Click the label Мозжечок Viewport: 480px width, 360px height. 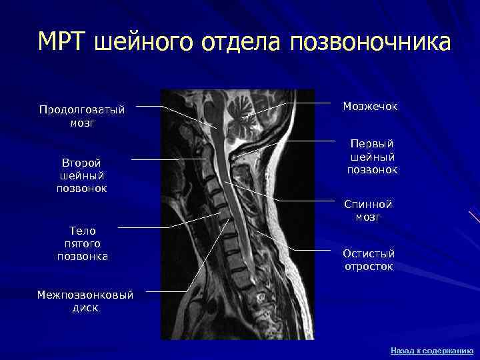(369, 105)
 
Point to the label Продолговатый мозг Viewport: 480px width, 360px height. (82, 116)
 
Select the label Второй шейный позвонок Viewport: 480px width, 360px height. (82, 175)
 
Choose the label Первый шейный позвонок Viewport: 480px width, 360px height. (371, 157)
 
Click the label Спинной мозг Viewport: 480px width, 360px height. (369, 211)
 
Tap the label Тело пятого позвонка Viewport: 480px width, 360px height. (83, 243)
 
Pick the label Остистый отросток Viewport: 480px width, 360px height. (369, 260)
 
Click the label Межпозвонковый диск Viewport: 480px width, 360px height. (85, 301)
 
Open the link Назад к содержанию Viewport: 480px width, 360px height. (431, 350)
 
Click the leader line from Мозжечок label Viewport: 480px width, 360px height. (313, 103)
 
